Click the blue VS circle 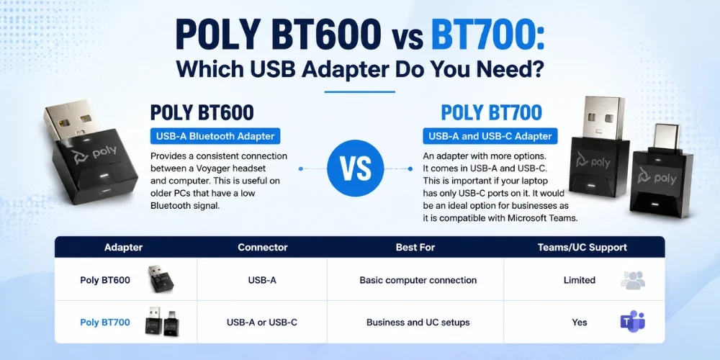click(x=356, y=168)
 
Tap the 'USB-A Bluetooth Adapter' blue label click(x=215, y=136)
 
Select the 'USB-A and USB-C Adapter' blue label click(x=490, y=136)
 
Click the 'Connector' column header click(x=263, y=248)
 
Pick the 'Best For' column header click(x=415, y=248)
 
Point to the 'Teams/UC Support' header click(x=582, y=248)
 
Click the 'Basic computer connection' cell click(x=418, y=280)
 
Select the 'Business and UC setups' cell click(x=418, y=323)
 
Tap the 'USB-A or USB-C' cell click(x=262, y=323)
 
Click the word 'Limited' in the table click(x=580, y=280)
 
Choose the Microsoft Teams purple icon click(x=633, y=321)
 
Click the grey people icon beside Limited click(x=633, y=279)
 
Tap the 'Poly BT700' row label click(x=104, y=323)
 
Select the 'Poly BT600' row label click(x=104, y=280)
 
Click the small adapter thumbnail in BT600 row click(x=161, y=279)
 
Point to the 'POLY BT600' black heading click(x=202, y=113)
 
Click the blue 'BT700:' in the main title click(x=487, y=35)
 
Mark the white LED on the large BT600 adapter click(x=104, y=176)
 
